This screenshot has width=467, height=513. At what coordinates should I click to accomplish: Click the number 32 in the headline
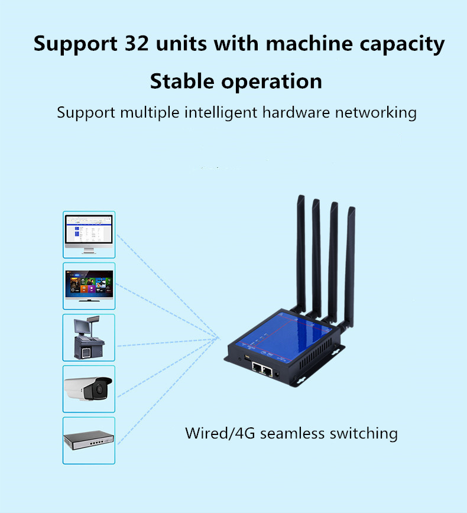point(137,44)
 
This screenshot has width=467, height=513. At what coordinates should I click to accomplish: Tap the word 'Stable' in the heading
point(182,81)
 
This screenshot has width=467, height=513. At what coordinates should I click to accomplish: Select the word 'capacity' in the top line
point(402,45)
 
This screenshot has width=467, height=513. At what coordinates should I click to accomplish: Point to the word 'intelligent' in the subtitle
point(221,112)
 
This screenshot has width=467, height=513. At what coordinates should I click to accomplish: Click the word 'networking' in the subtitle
point(376,112)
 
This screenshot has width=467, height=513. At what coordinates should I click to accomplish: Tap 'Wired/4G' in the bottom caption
point(220,433)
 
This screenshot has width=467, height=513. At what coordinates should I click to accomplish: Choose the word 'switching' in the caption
point(364,434)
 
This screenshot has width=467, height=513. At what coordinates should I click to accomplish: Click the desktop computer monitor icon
point(89,234)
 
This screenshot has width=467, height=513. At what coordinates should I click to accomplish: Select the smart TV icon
point(89,285)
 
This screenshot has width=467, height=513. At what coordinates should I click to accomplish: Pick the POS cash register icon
point(89,337)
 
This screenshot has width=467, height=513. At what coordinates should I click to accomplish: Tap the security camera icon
point(88,389)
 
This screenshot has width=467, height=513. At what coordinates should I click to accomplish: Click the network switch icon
point(89,440)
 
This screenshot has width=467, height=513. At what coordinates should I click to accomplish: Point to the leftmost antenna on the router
point(301,254)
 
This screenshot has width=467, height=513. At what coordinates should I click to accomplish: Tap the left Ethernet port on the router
point(257,368)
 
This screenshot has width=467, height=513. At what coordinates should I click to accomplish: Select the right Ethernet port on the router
point(267,372)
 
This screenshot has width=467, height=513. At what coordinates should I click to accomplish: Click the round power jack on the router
point(277,375)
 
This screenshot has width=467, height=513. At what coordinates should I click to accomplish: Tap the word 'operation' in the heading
point(271,82)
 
